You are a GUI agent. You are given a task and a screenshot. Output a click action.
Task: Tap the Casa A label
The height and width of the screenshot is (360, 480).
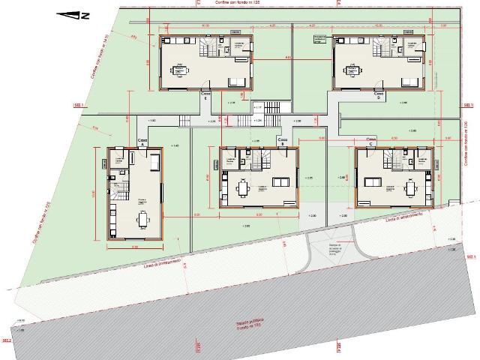pos(142,141)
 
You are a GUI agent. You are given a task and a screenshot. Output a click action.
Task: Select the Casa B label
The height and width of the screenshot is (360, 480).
pos(283,140)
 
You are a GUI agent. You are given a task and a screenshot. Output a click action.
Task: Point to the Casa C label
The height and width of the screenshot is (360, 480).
pos(370,140)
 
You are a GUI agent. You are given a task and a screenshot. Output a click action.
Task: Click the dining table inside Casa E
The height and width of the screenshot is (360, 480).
pos(181,71)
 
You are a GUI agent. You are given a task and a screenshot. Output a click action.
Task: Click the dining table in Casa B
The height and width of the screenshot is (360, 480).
pos(242,184)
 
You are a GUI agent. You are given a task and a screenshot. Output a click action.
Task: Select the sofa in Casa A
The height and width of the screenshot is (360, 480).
pos(154,163)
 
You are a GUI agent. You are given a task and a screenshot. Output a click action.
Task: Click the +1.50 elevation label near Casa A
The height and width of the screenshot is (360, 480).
pos(152,121)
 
